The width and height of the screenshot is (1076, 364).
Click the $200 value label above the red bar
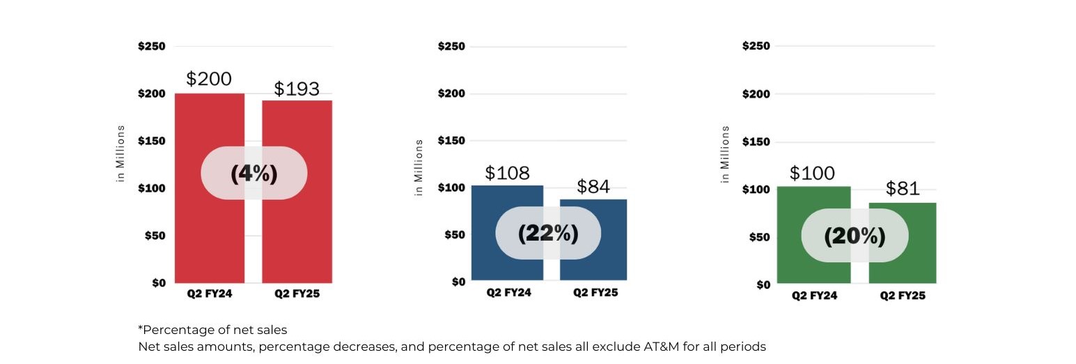coord(209,79)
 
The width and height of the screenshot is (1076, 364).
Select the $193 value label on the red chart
coord(297,89)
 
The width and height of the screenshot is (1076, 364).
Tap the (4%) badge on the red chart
coord(254,173)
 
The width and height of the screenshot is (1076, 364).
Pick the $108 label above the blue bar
coord(507,172)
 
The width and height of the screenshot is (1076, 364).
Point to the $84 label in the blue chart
coord(593,186)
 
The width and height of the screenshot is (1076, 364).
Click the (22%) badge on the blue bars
coord(548,233)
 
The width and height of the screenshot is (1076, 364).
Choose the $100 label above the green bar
coord(812,173)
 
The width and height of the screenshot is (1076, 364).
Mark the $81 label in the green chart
coord(903,188)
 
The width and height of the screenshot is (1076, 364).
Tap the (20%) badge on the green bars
coord(855,236)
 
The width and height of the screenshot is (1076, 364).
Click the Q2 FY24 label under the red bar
coord(209,294)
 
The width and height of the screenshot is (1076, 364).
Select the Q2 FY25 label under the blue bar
coord(595,292)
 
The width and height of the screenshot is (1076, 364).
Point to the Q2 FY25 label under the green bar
coord(903,296)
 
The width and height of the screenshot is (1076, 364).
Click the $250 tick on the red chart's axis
coord(151,47)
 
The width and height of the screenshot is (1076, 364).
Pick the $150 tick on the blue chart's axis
coord(451,141)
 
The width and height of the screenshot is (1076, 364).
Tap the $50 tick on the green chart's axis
coord(758,237)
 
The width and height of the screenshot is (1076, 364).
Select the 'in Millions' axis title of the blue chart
coord(419,167)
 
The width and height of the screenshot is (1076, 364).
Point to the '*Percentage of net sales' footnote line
coord(212,330)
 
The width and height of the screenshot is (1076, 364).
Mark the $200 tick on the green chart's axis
coord(756,94)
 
